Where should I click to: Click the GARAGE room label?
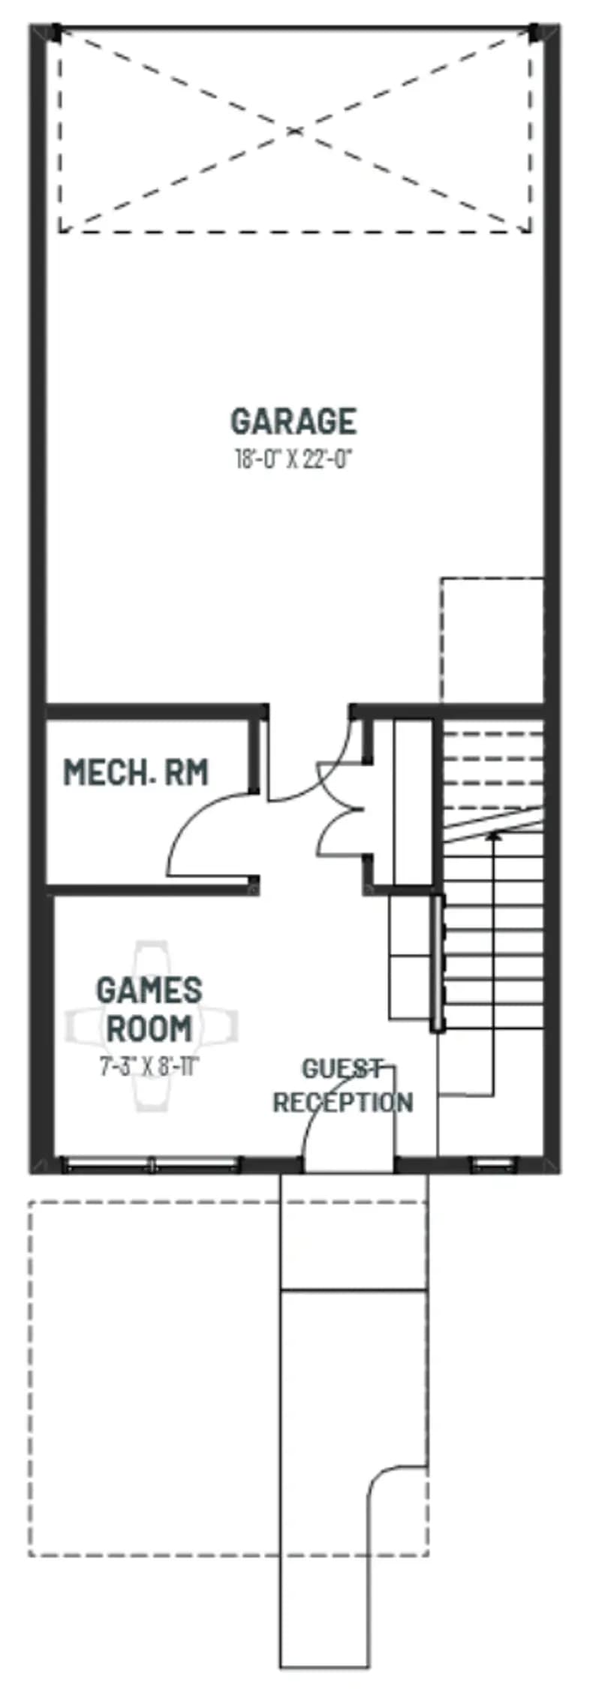click(293, 421)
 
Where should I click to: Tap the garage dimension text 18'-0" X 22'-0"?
click(293, 459)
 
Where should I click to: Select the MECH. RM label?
click(135, 772)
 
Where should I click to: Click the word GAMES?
click(149, 990)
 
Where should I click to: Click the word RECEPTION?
click(342, 1102)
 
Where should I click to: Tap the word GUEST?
click(342, 1068)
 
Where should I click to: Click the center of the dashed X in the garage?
click(294, 131)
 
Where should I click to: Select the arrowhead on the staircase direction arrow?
click(494, 836)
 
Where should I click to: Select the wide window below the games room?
click(150, 1165)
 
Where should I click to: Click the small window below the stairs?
click(493, 1165)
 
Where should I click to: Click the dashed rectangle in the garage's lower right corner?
click(491, 640)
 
